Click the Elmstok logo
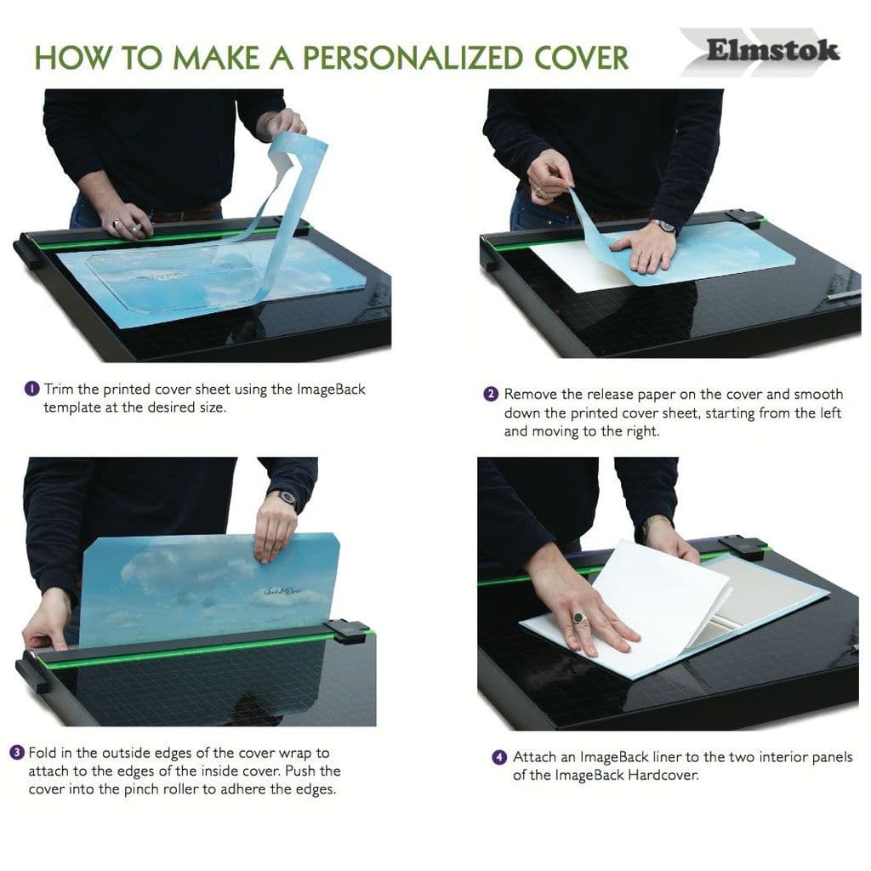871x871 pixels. [771, 50]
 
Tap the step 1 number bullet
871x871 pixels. [31, 389]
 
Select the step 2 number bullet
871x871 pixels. [491, 394]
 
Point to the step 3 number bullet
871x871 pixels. [16, 753]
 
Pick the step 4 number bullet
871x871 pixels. [499, 757]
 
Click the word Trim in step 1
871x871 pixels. [59, 389]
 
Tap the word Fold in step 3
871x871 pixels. [43, 753]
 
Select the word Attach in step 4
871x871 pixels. [535, 757]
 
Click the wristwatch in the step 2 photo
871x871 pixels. [663, 225]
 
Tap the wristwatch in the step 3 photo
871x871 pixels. [287, 498]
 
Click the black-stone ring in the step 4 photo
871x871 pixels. [579, 618]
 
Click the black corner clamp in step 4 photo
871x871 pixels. [741, 546]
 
